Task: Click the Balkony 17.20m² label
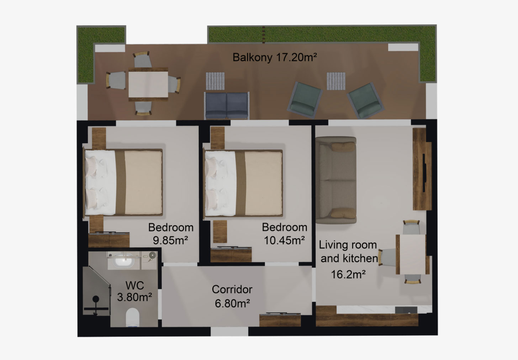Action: coord(275,57)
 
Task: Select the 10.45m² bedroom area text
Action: coord(284,240)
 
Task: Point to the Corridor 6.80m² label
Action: coord(232,296)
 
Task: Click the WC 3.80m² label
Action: coord(134,291)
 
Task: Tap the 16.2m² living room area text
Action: coord(348,275)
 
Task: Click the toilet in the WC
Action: coord(132,317)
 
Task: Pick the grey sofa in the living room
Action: coord(336,180)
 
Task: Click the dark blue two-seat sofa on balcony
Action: coord(227,106)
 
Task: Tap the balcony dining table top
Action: coord(148,84)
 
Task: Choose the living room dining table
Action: coord(412,254)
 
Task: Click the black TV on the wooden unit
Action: coord(424,173)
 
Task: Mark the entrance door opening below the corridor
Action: coord(229,331)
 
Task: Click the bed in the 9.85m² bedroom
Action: coord(123,182)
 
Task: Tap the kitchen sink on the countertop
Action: coord(406,310)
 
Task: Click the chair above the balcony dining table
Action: coord(142,59)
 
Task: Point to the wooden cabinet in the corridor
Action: coord(280,320)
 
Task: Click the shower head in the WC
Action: coord(96,299)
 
